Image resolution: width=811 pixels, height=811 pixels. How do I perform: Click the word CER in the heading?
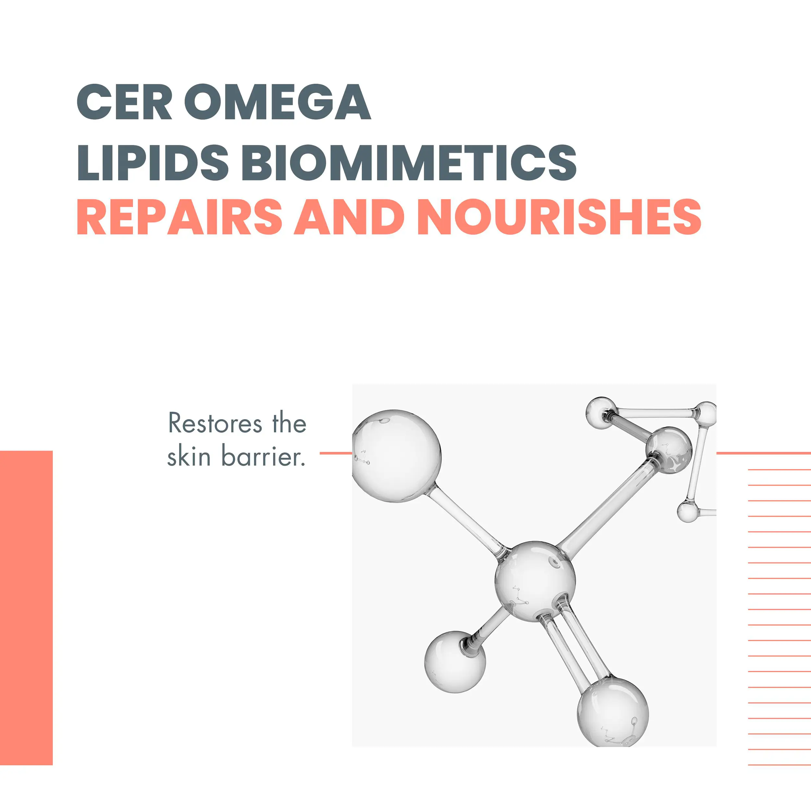(x=124, y=102)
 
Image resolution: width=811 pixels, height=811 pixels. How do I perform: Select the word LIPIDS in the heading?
(x=153, y=163)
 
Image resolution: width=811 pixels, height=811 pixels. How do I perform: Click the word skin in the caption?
(x=189, y=455)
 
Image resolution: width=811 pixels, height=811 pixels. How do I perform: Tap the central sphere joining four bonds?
(x=535, y=581)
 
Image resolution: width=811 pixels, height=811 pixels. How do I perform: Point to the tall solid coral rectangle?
(x=26, y=608)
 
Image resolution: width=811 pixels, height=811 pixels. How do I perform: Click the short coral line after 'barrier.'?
(x=336, y=453)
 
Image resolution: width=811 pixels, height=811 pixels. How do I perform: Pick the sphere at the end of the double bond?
(x=613, y=712)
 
